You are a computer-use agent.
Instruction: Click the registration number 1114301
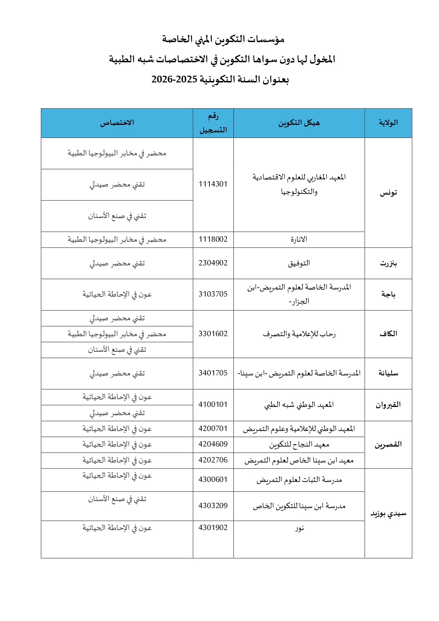[x=213, y=184]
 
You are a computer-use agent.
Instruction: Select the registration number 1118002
[x=213, y=239]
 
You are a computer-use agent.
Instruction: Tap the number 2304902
[x=213, y=263]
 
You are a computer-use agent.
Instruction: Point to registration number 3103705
[x=213, y=294]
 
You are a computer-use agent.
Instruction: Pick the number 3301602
[x=213, y=334]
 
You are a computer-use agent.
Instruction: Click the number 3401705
[x=213, y=373]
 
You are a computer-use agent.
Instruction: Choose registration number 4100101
[x=213, y=404]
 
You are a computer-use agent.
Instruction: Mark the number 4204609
[x=213, y=444]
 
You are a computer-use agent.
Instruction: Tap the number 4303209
[x=213, y=506]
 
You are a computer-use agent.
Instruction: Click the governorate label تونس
[x=388, y=193]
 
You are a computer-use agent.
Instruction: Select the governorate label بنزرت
[x=388, y=263]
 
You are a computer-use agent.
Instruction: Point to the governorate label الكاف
[x=388, y=334]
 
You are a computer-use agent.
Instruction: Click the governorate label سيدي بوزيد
[x=388, y=513]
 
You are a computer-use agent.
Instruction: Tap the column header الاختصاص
[x=117, y=123]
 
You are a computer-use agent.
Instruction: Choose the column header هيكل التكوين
[x=299, y=123]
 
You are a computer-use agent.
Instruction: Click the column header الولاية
[x=388, y=123]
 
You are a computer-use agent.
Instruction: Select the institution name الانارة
[x=299, y=240]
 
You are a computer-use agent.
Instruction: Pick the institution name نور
[x=299, y=528]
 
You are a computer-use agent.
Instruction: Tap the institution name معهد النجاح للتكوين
[x=299, y=444]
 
